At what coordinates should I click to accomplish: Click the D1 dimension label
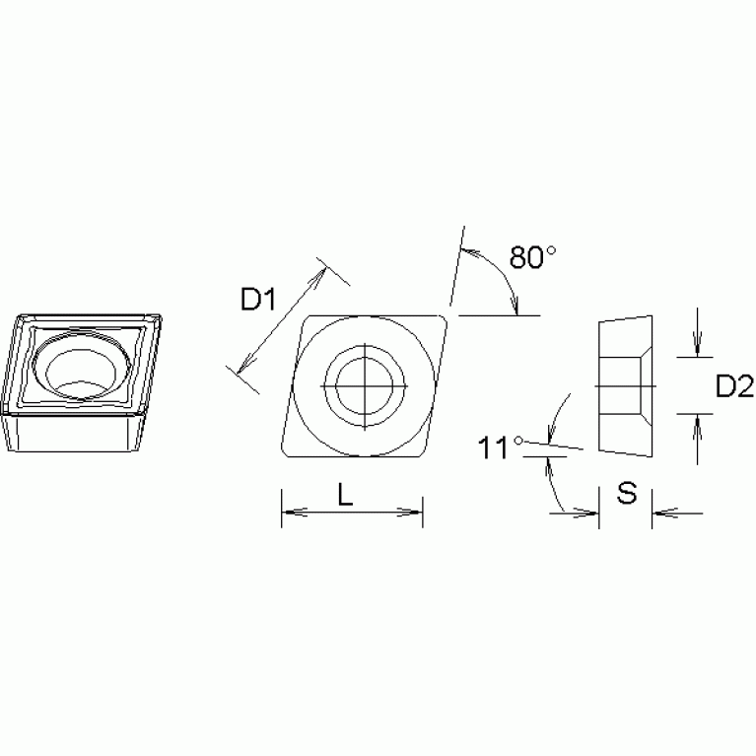click(x=258, y=299)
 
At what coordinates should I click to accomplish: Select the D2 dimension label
click(x=733, y=387)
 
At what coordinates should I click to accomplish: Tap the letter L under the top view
click(x=345, y=497)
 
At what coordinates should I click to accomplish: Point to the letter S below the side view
click(x=626, y=494)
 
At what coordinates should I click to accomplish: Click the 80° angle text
click(x=533, y=258)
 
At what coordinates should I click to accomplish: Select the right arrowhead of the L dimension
click(x=417, y=512)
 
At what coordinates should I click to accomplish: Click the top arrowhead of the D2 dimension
click(x=697, y=347)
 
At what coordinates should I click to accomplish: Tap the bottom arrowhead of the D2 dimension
click(x=697, y=421)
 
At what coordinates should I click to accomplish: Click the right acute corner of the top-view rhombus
click(x=446, y=318)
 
